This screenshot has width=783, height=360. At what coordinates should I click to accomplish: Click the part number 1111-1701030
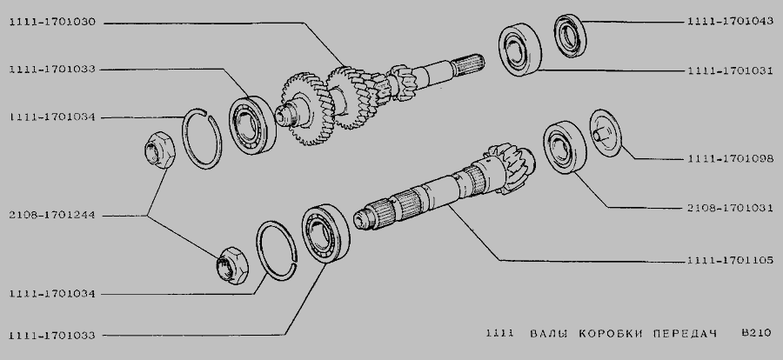[x=52, y=23]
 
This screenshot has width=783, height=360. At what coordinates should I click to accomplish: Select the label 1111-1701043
[x=730, y=21]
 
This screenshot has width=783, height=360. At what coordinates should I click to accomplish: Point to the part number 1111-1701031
[x=730, y=71]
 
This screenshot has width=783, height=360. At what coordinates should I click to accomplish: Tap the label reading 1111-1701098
[x=730, y=159]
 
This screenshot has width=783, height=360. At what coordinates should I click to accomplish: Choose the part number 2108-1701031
[x=730, y=208]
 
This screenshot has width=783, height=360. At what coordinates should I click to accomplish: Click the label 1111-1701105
[x=730, y=260]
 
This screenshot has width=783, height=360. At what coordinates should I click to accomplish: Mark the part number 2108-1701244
[x=52, y=216]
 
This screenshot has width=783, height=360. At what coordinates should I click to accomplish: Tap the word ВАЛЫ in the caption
[x=549, y=334]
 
